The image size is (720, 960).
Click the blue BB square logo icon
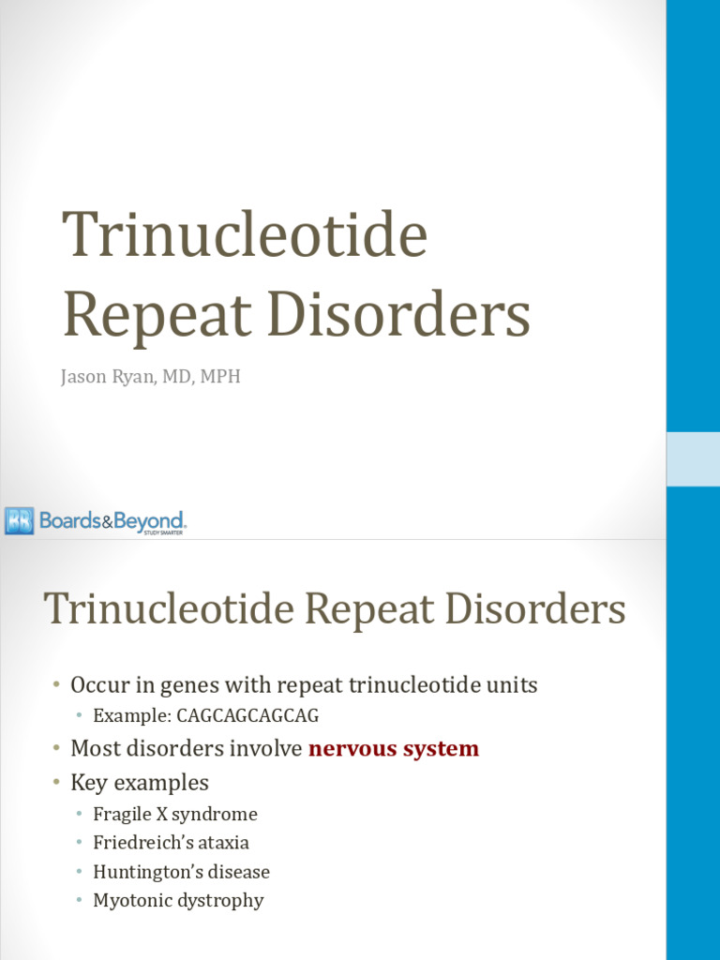19,520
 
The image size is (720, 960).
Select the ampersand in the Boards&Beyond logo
108,521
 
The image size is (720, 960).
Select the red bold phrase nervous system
394,749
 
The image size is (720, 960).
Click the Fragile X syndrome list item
175,814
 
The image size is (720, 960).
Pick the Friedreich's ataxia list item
172,843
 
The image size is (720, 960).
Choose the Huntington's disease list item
182,872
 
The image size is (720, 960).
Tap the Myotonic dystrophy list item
178,901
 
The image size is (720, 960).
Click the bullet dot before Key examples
58,783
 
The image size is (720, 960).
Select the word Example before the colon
125,716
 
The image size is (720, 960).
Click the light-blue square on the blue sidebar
693,459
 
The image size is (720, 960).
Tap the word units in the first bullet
514,685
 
